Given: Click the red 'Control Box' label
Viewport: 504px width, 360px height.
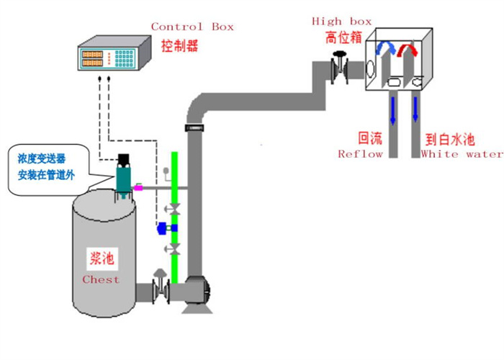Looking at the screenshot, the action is [x=192, y=27].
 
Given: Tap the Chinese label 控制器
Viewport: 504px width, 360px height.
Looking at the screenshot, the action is [x=179, y=45].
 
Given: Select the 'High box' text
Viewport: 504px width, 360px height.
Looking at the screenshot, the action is [x=341, y=22].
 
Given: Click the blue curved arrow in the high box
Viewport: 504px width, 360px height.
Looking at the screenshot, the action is [x=385, y=48].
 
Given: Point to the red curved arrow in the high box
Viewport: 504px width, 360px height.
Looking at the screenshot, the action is [x=408, y=49].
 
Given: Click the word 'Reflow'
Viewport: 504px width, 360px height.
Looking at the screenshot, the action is [x=360, y=154].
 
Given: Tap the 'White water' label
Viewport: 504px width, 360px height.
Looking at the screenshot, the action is [x=462, y=154].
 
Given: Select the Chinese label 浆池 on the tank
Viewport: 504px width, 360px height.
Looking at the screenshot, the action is [x=102, y=258].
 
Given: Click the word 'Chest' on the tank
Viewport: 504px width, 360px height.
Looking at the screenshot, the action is [x=101, y=279].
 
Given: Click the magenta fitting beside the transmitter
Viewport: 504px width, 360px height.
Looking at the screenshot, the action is [x=138, y=186].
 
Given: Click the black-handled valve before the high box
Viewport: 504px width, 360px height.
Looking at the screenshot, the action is [x=339, y=68].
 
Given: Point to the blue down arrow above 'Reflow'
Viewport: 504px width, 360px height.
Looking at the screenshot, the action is [x=393, y=110].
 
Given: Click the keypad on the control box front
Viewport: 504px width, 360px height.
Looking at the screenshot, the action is [x=124, y=58].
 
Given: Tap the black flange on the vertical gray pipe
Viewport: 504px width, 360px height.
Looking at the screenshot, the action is [x=194, y=127].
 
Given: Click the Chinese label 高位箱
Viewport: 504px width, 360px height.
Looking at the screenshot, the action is [x=343, y=37].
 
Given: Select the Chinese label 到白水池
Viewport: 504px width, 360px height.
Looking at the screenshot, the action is [x=450, y=140].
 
